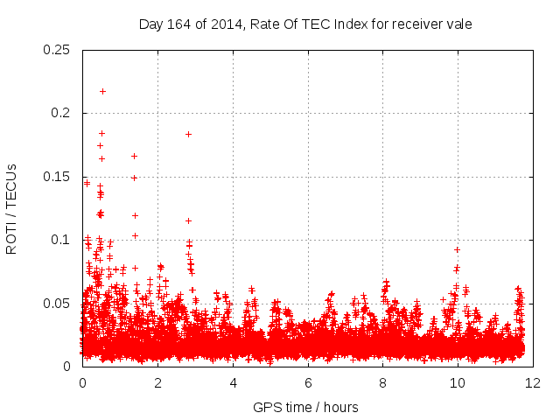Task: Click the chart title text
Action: (x=305, y=24)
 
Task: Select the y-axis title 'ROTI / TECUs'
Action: (x=11, y=208)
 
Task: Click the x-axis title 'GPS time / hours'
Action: (x=305, y=407)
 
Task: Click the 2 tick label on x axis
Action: (x=157, y=383)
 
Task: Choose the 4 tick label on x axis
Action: (x=233, y=383)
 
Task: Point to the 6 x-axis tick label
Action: (x=308, y=383)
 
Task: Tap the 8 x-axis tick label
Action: (x=383, y=383)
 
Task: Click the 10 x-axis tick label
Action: (x=458, y=383)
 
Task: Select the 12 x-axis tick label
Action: (x=533, y=383)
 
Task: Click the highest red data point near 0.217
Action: (x=102, y=91)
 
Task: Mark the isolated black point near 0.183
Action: (x=188, y=134)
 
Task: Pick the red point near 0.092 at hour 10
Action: (x=457, y=249)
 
